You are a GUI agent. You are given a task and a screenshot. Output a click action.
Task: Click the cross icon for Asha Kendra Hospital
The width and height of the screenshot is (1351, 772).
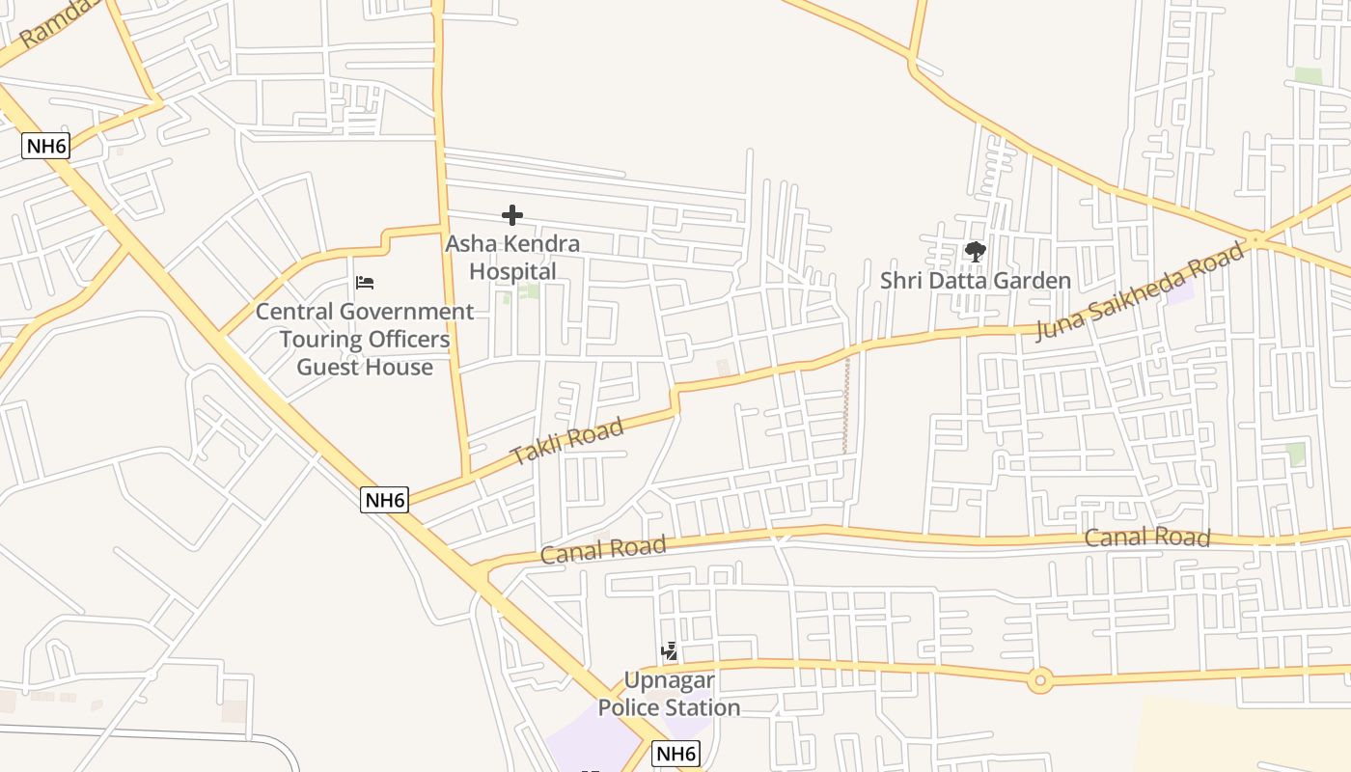tap(512, 215)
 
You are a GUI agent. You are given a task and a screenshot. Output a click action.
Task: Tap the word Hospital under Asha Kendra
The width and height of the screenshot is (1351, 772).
tap(512, 271)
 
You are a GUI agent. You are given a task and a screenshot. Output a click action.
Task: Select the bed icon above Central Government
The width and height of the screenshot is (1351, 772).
tap(365, 283)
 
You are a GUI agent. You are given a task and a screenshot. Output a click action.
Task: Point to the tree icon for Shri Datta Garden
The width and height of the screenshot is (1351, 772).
tap(976, 253)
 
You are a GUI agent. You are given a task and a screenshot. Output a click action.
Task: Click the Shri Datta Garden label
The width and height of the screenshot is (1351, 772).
tap(976, 281)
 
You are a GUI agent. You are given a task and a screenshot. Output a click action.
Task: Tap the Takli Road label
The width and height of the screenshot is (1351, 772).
tap(566, 442)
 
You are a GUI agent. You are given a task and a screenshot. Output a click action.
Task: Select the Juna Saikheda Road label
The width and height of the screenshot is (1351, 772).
tap(1140, 291)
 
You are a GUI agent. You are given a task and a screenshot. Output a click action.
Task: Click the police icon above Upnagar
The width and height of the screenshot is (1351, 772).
tap(669, 652)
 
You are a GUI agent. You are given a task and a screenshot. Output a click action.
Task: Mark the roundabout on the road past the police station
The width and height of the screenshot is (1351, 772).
tap(1039, 680)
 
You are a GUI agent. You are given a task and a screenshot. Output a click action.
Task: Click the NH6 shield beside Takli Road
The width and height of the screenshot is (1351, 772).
tap(385, 500)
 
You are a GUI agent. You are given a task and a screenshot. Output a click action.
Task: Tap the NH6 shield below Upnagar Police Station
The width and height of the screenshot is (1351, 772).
tap(675, 754)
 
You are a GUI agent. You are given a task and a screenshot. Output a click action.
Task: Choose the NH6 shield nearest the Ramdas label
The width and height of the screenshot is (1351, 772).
tap(46, 147)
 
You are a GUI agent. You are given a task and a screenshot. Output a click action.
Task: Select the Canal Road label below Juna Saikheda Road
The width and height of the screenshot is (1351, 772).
tap(1147, 538)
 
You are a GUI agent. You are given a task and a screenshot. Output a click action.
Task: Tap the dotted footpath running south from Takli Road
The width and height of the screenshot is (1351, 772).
tap(847, 405)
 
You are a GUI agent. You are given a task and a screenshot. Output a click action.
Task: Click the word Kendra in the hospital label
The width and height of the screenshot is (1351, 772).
tap(539, 243)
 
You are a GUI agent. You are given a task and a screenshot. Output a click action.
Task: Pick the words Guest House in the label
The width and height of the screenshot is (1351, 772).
tap(365, 367)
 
